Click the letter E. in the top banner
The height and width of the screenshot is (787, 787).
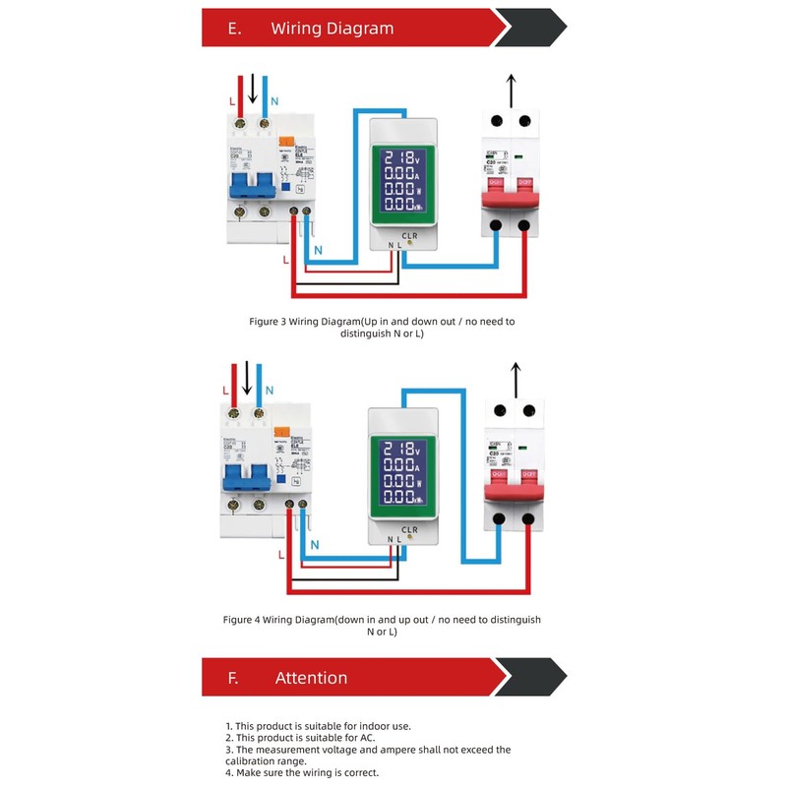pyautogui.click(x=234, y=29)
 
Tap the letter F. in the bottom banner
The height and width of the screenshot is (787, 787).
pyautogui.click(x=233, y=678)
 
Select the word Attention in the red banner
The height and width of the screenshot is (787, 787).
pyautogui.click(x=311, y=678)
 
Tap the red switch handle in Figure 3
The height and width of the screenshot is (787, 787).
pyautogui.click(x=509, y=193)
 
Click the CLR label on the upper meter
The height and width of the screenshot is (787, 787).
pyautogui.click(x=410, y=236)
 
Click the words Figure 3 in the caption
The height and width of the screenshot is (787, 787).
pyautogui.click(x=272, y=322)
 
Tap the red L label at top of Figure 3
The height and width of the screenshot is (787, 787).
pyautogui.click(x=231, y=102)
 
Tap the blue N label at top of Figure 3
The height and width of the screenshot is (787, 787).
pyautogui.click(x=274, y=102)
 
